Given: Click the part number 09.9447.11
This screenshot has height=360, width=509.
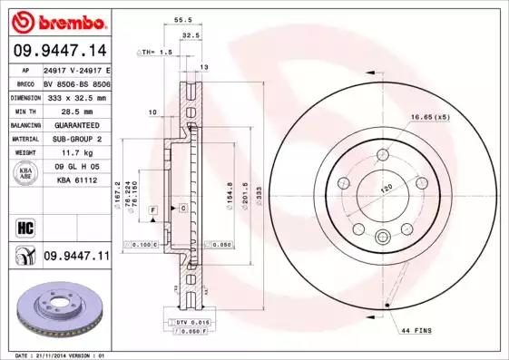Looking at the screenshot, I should (76, 257).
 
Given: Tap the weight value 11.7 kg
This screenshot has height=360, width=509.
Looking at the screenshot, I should (76, 154).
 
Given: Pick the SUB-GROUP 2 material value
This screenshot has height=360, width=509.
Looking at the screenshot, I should (76, 140).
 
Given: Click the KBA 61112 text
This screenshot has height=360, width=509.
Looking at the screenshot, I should (76, 182).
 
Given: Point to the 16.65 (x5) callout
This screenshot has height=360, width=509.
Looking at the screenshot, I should (429, 118).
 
